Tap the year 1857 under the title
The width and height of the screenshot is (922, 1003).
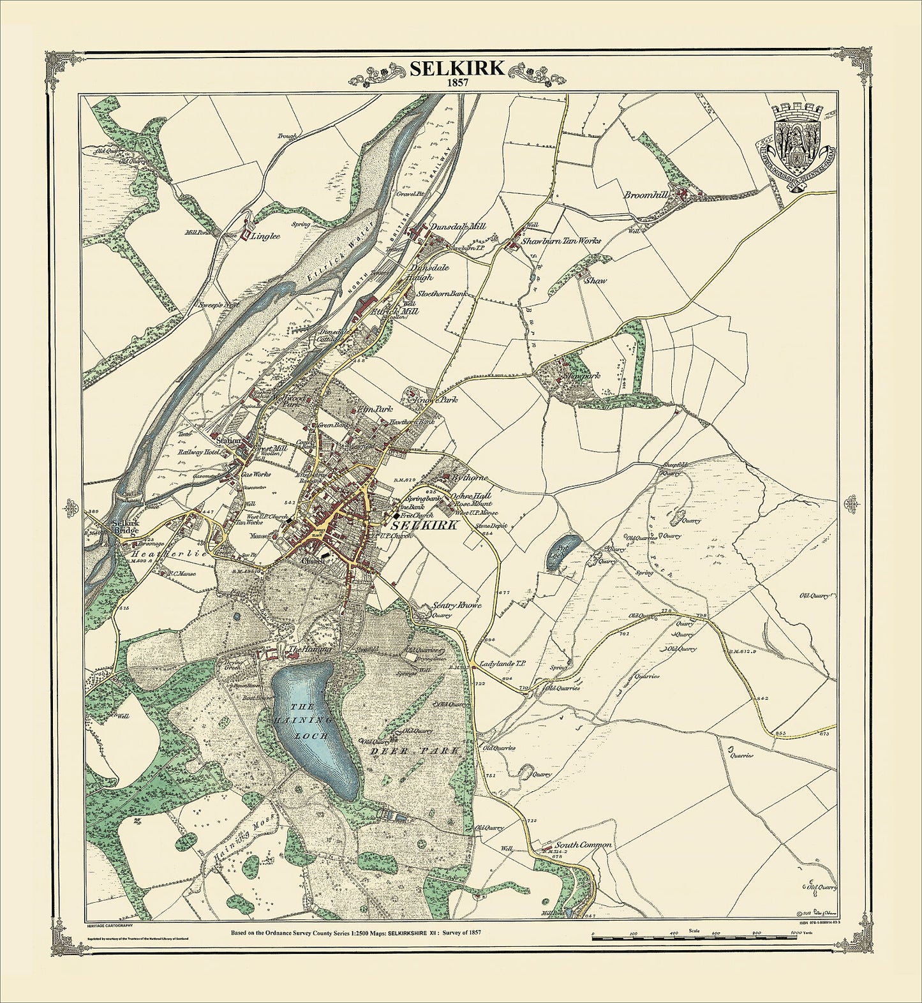point(456,84)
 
